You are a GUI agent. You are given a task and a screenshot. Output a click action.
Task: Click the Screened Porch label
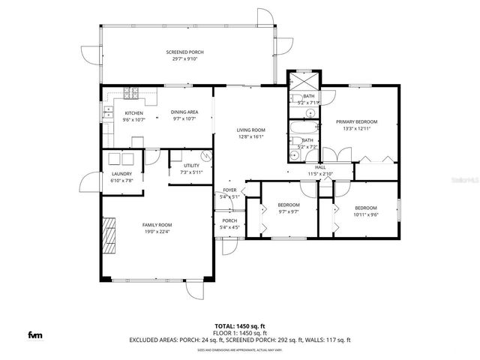184,52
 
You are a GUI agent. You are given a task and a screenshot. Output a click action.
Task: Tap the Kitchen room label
133,113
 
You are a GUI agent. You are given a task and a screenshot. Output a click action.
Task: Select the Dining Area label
184,112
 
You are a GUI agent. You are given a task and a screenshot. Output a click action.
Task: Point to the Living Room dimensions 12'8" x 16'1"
251,136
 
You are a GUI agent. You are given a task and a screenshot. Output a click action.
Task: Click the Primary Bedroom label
356,121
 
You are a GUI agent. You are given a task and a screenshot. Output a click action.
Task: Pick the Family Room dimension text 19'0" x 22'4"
157,231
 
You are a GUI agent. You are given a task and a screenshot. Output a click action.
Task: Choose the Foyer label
229,190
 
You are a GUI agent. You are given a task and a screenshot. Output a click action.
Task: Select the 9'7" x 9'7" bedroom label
289,205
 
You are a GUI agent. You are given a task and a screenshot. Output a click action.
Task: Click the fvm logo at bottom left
35,334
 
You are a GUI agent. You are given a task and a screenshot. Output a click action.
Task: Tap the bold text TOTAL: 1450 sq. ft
239,326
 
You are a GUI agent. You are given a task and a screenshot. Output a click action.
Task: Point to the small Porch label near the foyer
229,220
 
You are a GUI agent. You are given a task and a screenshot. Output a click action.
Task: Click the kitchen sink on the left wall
106,113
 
